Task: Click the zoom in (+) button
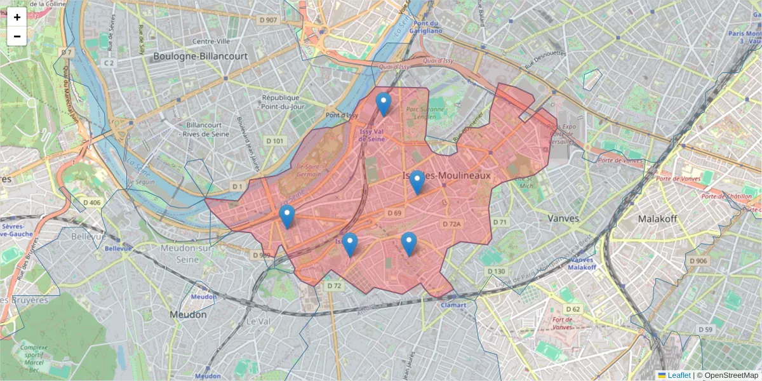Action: point(17,17)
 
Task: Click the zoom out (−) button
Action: point(17,36)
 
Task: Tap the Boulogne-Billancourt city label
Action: point(200,56)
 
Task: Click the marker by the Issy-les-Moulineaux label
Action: point(417,182)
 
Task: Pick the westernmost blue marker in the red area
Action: point(287,217)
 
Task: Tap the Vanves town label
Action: point(563,218)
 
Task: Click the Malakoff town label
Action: point(657,218)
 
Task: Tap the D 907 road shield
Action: point(269,20)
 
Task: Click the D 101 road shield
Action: point(275,140)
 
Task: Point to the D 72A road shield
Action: point(451,224)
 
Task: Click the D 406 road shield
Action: point(92,203)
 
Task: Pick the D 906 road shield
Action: point(697,261)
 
